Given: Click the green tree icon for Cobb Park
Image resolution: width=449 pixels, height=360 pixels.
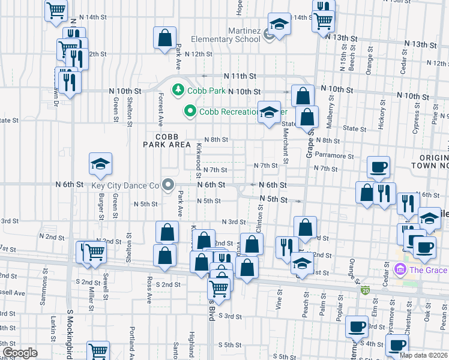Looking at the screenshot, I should (x=178, y=91).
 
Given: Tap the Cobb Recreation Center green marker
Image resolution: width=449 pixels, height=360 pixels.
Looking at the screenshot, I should (x=190, y=111).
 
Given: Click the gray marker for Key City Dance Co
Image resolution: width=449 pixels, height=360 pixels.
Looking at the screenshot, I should (x=168, y=185).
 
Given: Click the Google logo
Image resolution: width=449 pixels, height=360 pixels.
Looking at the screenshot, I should (x=20, y=353).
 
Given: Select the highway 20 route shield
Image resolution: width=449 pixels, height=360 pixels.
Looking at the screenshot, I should (x=366, y=291).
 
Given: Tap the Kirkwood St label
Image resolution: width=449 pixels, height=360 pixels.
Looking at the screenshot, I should (x=198, y=155).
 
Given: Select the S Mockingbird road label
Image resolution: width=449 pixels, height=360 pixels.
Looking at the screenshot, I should (x=70, y=331).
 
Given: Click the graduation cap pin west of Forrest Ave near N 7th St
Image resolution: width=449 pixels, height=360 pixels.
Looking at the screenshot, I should (x=101, y=163).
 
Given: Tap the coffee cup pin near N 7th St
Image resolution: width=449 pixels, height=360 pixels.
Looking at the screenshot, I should (x=378, y=167).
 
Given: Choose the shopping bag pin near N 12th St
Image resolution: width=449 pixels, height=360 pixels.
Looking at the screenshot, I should (x=164, y=38).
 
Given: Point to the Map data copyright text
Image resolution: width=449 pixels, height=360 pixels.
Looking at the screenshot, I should (x=423, y=355).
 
